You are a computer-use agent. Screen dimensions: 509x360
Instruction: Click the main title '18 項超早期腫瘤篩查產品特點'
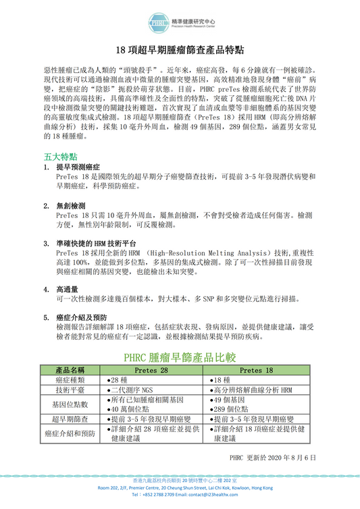click(x=180, y=51)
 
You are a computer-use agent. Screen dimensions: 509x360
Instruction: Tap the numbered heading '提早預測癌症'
click(x=78, y=166)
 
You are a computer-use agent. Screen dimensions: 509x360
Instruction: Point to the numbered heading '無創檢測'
click(x=71, y=205)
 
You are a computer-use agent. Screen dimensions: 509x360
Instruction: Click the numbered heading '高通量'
click(x=67, y=289)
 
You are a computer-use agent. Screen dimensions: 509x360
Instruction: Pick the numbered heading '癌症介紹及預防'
click(x=82, y=317)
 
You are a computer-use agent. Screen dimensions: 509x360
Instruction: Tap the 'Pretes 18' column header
click(x=257, y=371)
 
